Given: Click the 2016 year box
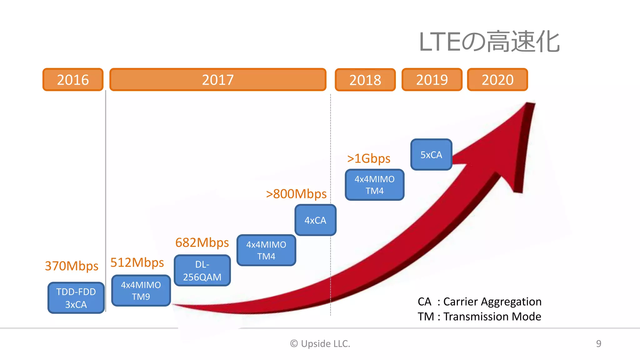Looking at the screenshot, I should coord(73,80).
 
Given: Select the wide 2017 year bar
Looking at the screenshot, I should coord(218,80).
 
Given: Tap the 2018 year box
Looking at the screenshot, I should coord(365,80).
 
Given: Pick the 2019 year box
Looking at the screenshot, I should coord(432,80).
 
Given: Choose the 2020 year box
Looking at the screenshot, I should coord(497,80).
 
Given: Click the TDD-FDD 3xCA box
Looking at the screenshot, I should coord(76,298).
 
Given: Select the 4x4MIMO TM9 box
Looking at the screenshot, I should coord(141,291).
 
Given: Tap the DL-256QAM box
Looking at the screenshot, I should coord(202,271).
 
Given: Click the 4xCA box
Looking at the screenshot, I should coord(315,220).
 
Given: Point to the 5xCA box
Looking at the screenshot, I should coord(431,155).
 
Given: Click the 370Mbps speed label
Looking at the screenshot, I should coord(72,266).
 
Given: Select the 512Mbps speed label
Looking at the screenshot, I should coord(137,262).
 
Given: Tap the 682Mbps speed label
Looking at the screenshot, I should coord(202,242).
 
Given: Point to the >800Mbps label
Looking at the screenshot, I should coord(296,194).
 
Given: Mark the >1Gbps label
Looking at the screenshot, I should coord(369,158).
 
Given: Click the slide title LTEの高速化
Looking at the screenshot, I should coord(489,42).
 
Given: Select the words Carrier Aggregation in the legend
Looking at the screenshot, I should coord(492,302).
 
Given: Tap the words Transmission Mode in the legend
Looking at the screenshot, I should coord(492,317).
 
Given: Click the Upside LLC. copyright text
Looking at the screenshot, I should coord(320,343).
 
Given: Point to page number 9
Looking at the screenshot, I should coord(598,343).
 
